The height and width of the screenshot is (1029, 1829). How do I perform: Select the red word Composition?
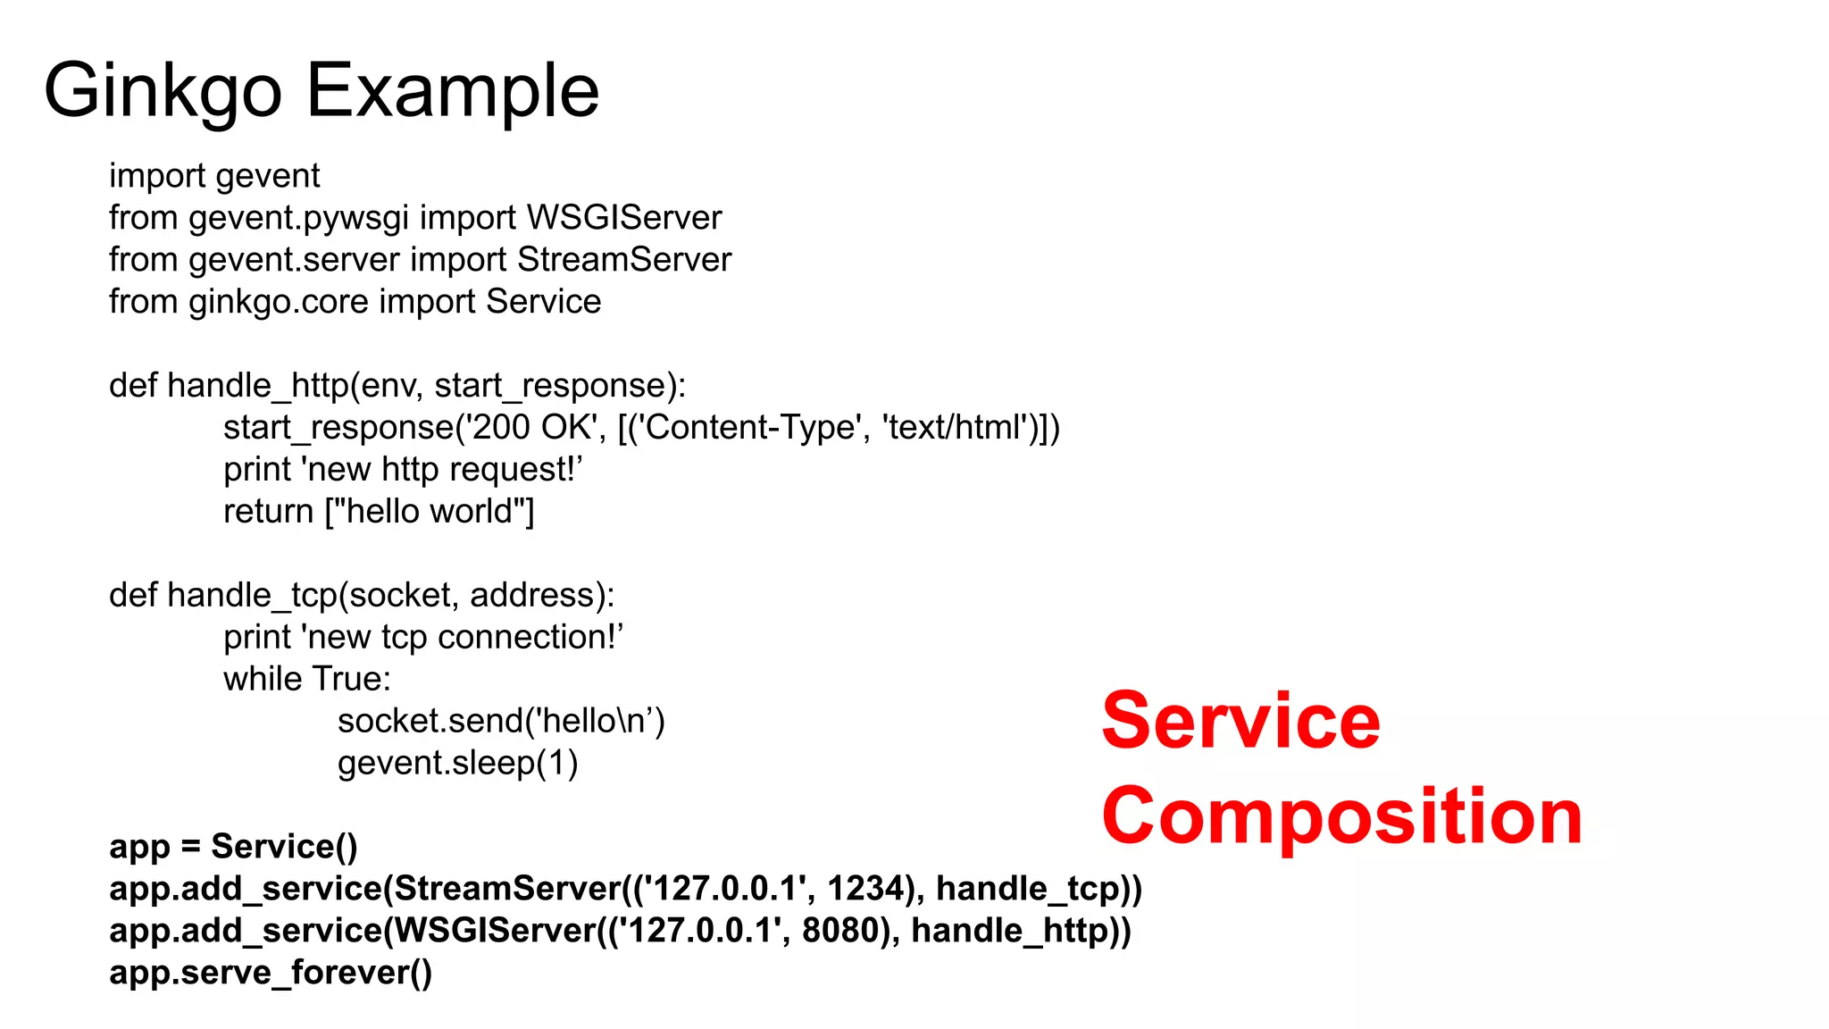click(x=1341, y=816)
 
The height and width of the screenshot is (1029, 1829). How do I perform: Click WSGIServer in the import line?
click(x=623, y=218)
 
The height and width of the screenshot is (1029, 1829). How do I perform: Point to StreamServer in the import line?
click(x=623, y=260)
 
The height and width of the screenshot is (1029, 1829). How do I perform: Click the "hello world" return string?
click(x=428, y=512)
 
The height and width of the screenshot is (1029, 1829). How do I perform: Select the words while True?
click(x=306, y=680)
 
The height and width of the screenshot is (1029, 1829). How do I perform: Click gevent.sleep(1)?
click(x=457, y=764)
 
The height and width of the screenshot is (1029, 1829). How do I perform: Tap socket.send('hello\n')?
click(x=500, y=722)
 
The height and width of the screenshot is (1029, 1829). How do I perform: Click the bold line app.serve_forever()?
click(x=270, y=973)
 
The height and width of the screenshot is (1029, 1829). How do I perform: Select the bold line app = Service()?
click(x=232, y=847)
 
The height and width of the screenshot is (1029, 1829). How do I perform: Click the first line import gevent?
click(x=213, y=176)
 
